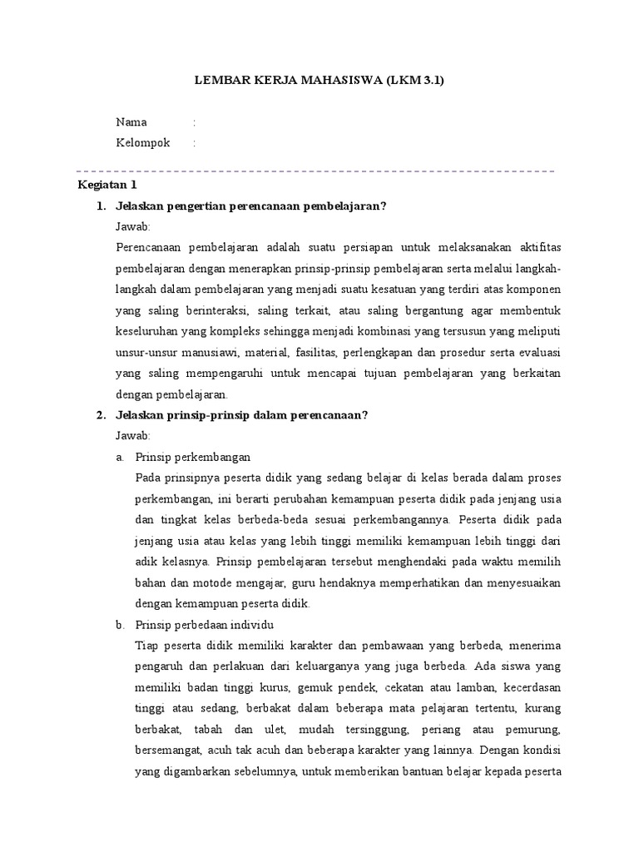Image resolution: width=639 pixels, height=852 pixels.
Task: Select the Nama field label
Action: (x=131, y=122)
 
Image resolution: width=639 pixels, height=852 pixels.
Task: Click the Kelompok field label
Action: (x=142, y=143)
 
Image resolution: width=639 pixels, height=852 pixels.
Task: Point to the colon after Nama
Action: (x=194, y=122)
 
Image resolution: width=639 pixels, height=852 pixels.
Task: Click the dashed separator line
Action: (x=316, y=171)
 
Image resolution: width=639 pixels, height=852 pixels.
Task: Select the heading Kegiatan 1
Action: (x=106, y=185)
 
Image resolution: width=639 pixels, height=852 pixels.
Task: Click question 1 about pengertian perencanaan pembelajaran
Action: (x=251, y=206)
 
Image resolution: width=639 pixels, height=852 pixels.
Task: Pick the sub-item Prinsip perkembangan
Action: (x=192, y=457)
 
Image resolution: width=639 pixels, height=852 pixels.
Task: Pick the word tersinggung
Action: (x=371, y=729)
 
